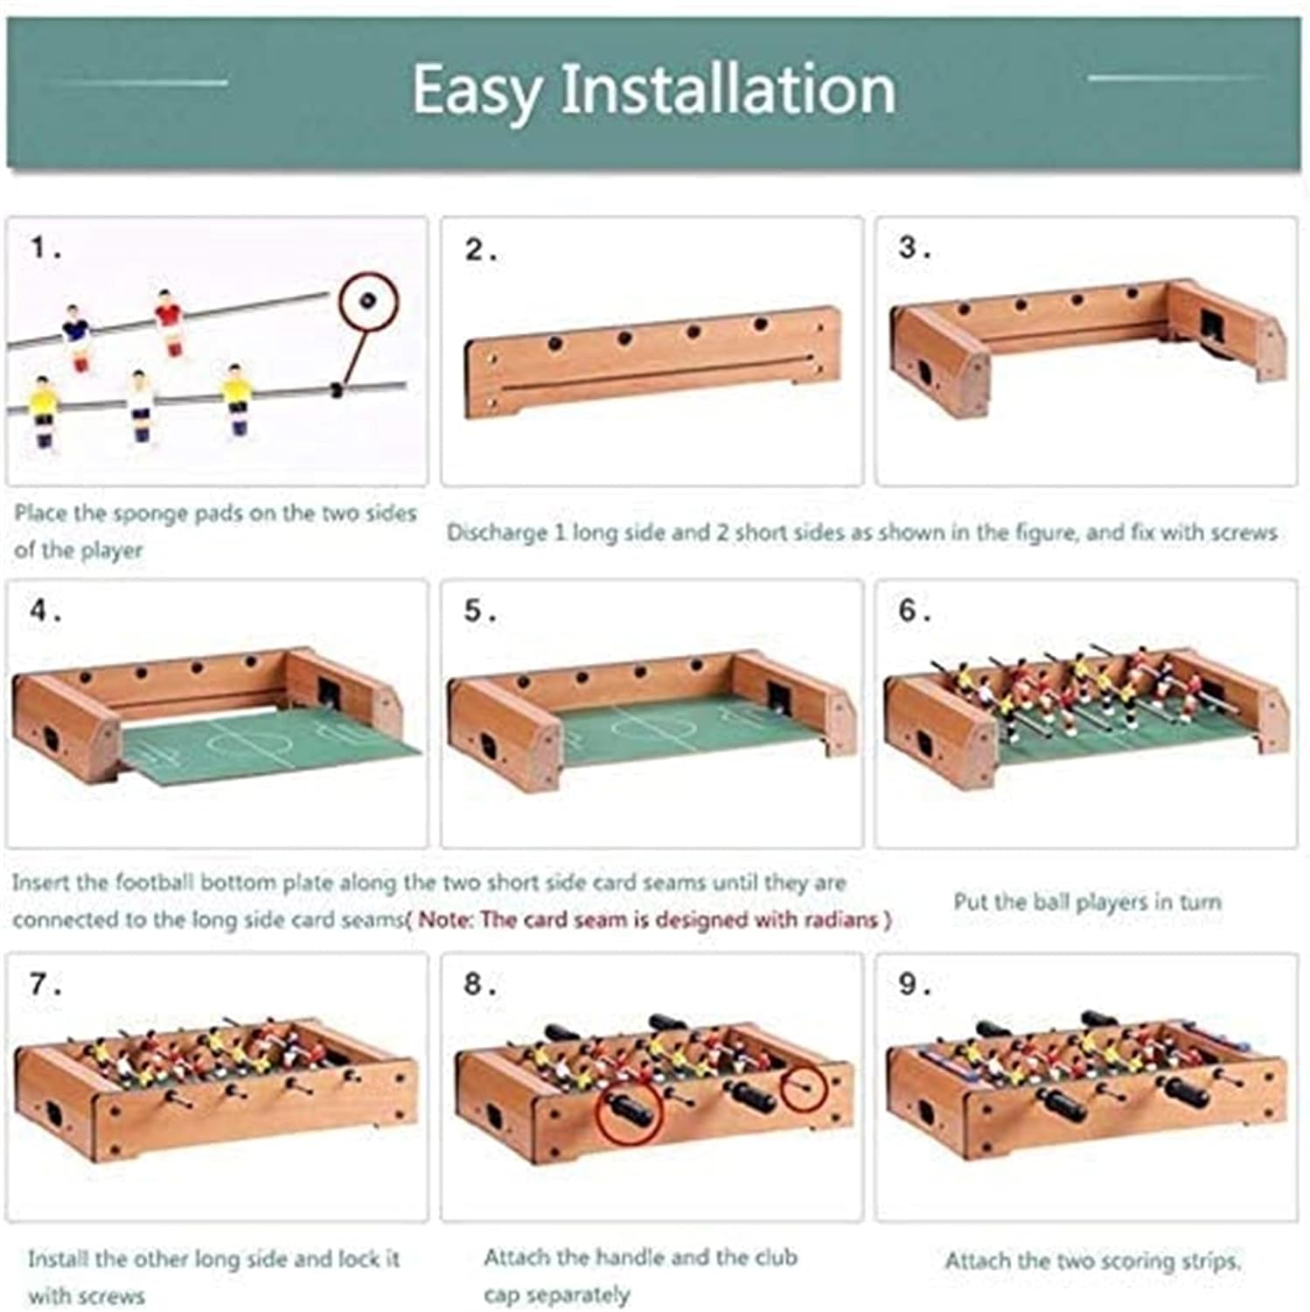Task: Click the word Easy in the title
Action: coord(477,91)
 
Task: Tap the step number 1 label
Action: coord(46,248)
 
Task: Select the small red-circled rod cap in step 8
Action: coord(804,1088)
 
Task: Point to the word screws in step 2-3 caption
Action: coord(1244,532)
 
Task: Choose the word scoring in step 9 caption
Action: coord(1129,1261)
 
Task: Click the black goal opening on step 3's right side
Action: coord(1212,327)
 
